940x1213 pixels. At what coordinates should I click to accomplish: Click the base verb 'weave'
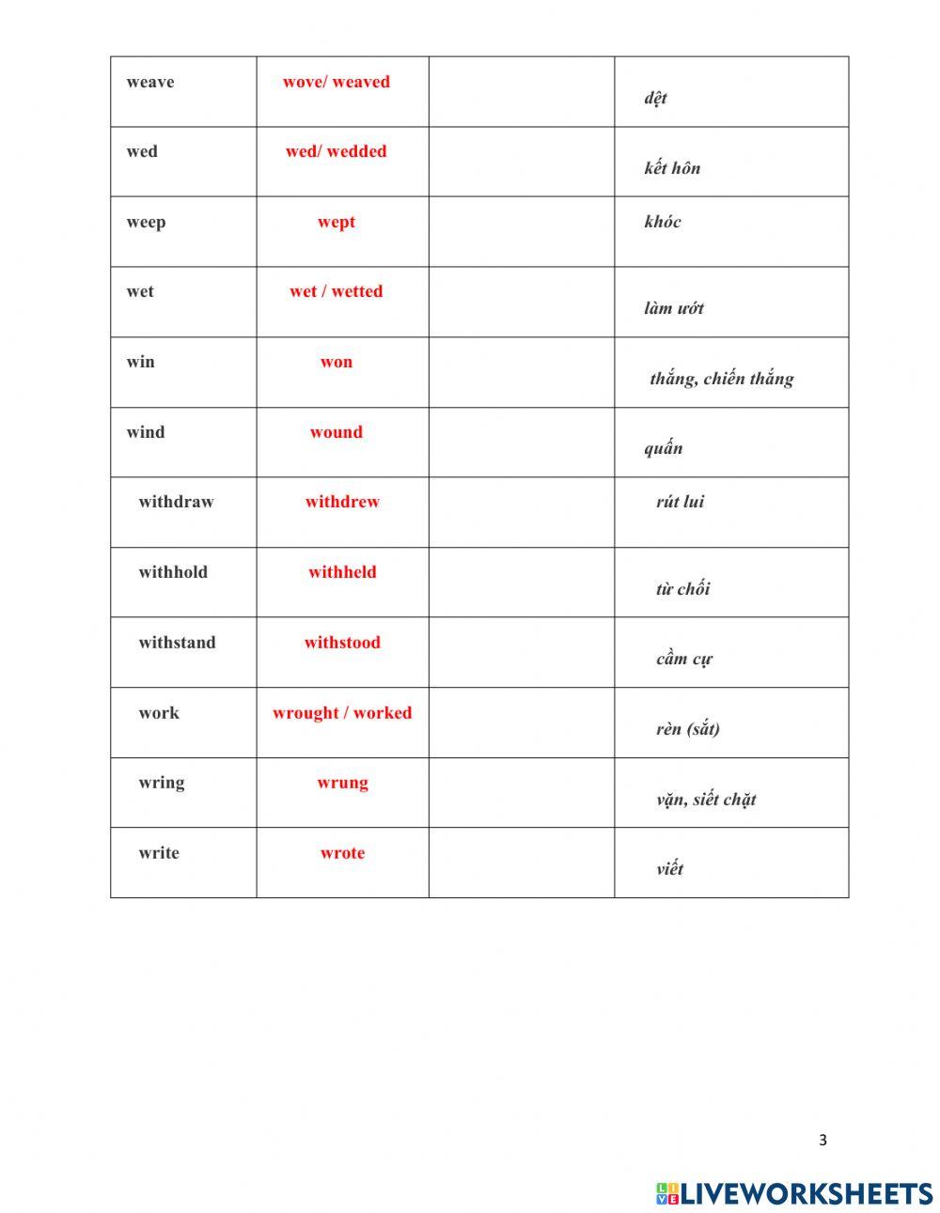pyautogui.click(x=150, y=82)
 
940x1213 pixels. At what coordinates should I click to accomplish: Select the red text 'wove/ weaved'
pyautogui.click(x=337, y=82)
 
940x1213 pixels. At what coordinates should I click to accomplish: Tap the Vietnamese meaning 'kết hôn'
pyautogui.click(x=672, y=168)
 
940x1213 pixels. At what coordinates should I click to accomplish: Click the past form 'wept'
pyautogui.click(x=337, y=222)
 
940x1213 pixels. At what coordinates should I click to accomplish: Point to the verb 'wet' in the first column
pyautogui.click(x=140, y=291)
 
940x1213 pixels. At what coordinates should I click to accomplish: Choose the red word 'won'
pyautogui.click(x=337, y=362)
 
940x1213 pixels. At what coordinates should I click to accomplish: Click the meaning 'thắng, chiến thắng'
pyautogui.click(x=722, y=379)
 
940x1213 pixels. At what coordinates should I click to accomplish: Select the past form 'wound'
pyautogui.click(x=337, y=432)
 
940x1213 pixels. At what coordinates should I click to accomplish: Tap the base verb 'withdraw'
pyautogui.click(x=176, y=502)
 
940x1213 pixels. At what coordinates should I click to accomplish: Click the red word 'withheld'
pyautogui.click(x=342, y=572)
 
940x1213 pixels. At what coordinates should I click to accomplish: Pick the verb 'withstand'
pyautogui.click(x=177, y=643)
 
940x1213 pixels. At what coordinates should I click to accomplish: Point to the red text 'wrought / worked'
pyautogui.click(x=342, y=713)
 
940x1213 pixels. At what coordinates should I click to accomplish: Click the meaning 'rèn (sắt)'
pyautogui.click(x=688, y=729)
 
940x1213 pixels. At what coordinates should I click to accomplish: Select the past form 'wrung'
pyautogui.click(x=342, y=783)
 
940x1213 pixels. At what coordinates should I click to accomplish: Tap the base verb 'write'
pyautogui.click(x=158, y=853)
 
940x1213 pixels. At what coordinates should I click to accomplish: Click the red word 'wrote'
pyautogui.click(x=342, y=853)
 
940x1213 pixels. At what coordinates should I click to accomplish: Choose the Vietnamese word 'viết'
pyautogui.click(x=670, y=869)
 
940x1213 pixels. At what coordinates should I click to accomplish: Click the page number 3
pyautogui.click(x=822, y=1141)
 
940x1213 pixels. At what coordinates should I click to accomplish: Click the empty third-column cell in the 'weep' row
pyautogui.click(x=522, y=231)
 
